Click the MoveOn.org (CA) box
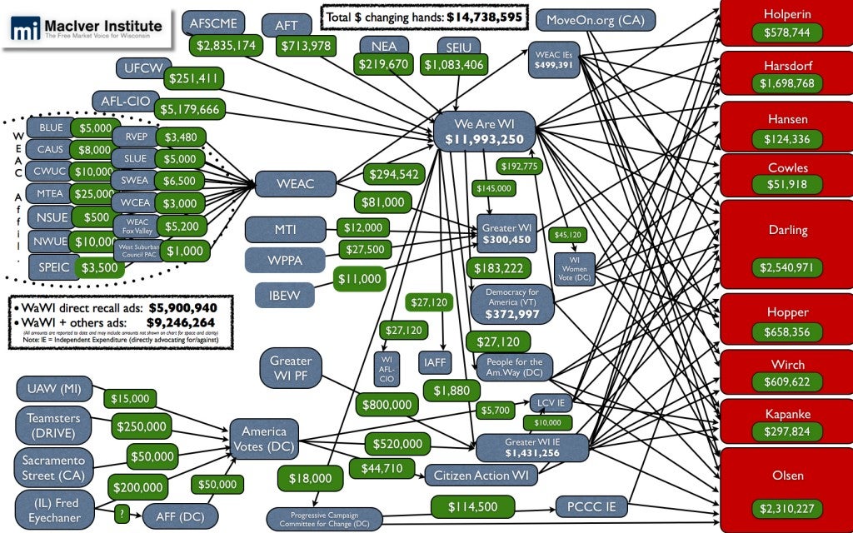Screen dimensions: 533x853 596,19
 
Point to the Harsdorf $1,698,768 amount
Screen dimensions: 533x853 787,83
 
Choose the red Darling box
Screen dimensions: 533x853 787,230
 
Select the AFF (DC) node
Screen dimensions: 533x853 181,516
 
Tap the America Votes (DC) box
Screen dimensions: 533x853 264,439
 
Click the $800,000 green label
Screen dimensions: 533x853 387,406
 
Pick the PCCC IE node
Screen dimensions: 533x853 591,506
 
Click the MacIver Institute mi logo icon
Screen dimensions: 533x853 26,29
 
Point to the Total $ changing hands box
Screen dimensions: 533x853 424,16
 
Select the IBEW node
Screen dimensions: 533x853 285,294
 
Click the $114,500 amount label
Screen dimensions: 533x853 472,506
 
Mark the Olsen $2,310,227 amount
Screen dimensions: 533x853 787,508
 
